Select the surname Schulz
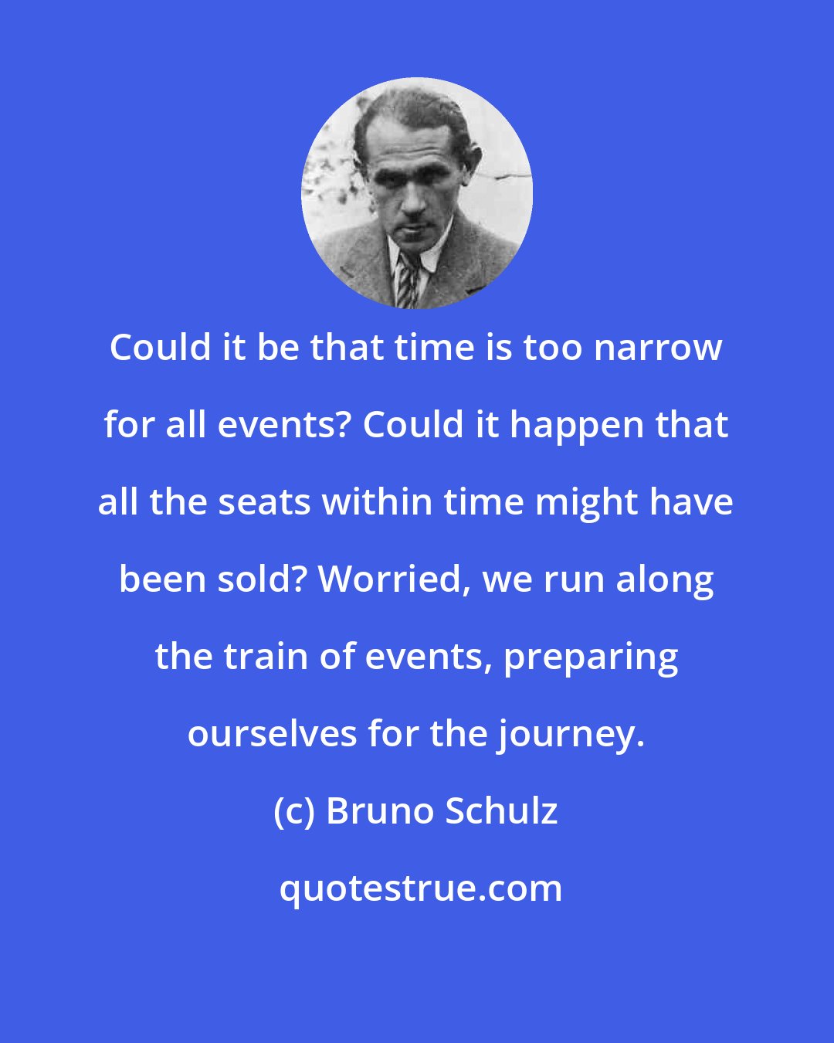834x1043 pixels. pos(500,811)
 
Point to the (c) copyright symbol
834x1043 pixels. pos(294,811)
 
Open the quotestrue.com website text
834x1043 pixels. pos(421,888)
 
